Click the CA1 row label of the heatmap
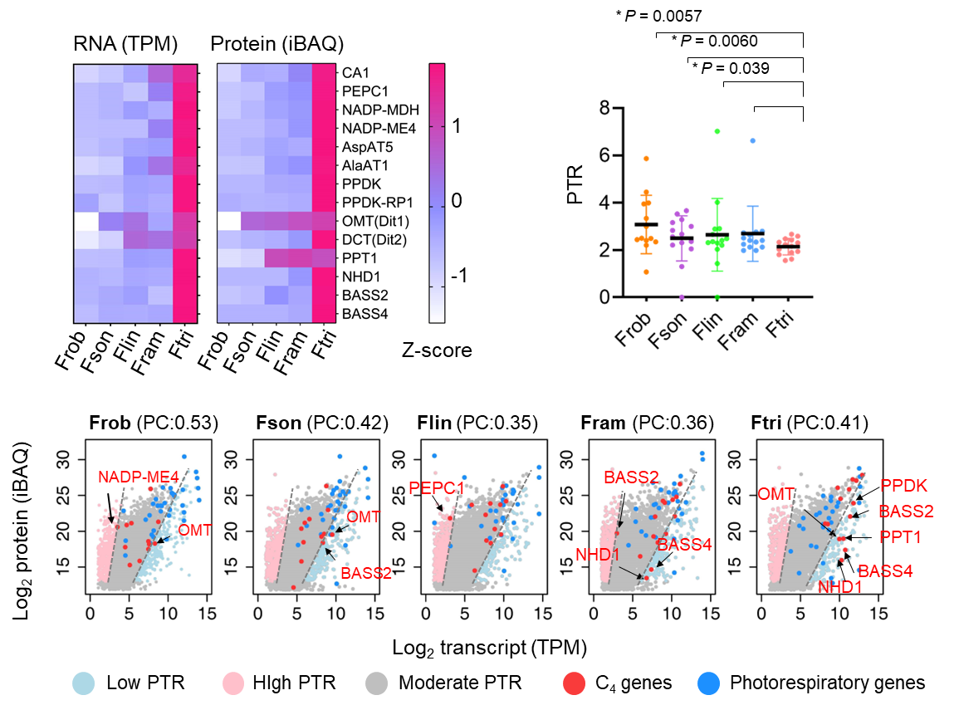[x=355, y=73]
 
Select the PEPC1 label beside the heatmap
[x=365, y=91]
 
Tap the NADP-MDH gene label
[x=380, y=110]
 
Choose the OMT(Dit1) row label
[x=375, y=221]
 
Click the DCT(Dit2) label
[x=374, y=240]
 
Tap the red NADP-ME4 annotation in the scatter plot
[x=139, y=477]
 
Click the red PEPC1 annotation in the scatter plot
[x=437, y=488]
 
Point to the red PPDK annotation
[x=903, y=486]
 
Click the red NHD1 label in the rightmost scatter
[x=840, y=587]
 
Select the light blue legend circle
[x=83, y=683]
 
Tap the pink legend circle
[x=233, y=683]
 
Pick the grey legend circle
[x=377, y=683]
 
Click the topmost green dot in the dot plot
[x=717, y=131]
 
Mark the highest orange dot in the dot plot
[x=646, y=158]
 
